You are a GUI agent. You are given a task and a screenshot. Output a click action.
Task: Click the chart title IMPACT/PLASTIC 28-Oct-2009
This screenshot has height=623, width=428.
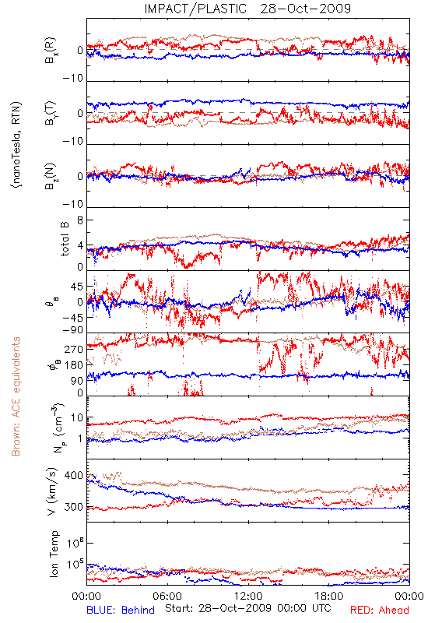(x=247, y=9)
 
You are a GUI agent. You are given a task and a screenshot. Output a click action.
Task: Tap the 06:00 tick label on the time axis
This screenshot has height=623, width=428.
(x=167, y=596)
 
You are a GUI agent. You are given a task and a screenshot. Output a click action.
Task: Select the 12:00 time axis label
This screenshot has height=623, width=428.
(x=248, y=596)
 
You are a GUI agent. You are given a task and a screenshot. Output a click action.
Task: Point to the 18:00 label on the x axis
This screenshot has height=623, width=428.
(x=329, y=596)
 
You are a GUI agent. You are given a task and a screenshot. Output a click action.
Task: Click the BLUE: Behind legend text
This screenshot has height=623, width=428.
(x=121, y=610)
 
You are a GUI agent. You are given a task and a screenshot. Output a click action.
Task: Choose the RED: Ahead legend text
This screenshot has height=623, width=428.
(x=379, y=610)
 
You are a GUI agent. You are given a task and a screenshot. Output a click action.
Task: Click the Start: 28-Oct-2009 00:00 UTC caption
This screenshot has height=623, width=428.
(x=247, y=608)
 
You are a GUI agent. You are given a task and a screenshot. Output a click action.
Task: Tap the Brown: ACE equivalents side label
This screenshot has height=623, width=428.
(x=16, y=396)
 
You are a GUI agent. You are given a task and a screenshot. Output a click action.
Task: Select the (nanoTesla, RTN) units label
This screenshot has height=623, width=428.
(x=16, y=145)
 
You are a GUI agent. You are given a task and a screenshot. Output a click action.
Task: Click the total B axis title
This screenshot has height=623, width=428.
(x=65, y=238)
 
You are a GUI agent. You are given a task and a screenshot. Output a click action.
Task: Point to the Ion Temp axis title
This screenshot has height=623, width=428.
(x=54, y=554)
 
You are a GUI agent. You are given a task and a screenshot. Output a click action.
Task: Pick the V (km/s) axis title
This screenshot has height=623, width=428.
(x=53, y=491)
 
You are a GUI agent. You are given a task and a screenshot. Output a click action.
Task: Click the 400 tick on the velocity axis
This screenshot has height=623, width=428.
(x=73, y=475)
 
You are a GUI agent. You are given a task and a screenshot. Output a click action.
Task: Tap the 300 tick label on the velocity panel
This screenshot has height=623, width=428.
(x=73, y=507)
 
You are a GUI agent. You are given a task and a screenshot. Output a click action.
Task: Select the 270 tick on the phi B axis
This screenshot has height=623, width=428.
(x=73, y=349)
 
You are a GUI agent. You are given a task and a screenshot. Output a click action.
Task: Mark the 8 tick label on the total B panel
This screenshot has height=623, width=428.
(x=80, y=220)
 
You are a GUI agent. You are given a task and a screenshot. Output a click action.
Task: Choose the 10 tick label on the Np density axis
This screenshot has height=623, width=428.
(x=77, y=418)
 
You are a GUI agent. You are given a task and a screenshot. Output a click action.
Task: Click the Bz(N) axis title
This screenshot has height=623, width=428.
(x=51, y=176)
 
